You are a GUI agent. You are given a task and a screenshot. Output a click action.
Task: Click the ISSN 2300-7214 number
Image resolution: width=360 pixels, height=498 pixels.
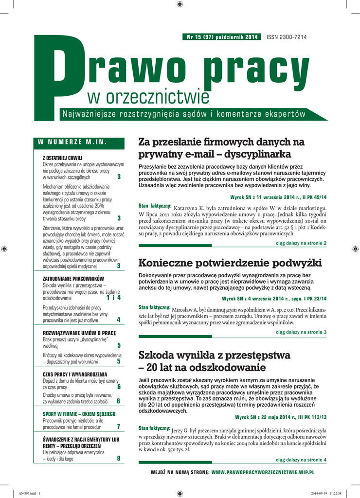coord(287,37)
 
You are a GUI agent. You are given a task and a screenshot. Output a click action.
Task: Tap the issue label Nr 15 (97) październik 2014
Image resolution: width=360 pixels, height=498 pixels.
coord(222,37)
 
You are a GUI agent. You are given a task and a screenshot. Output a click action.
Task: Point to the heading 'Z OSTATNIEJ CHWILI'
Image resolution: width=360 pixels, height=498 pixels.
coord(63,158)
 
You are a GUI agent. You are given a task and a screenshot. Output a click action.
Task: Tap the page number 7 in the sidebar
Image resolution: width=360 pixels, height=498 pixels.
coord(119,427)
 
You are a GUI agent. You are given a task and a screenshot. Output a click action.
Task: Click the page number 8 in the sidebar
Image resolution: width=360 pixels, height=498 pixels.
coord(119,458)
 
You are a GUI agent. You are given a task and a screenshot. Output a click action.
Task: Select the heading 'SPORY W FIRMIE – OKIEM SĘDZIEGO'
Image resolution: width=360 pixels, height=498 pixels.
coord(79,414)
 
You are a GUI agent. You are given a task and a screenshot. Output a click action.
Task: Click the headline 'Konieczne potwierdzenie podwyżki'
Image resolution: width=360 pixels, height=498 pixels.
coord(230,263)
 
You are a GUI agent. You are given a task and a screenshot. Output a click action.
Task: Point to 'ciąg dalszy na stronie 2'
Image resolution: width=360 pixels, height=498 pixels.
coord(301,243)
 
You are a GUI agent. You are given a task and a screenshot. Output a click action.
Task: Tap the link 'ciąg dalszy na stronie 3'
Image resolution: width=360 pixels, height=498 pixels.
coord(301,332)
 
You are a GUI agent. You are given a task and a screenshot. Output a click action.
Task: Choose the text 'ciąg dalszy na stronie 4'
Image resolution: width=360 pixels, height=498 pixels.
coord(301,460)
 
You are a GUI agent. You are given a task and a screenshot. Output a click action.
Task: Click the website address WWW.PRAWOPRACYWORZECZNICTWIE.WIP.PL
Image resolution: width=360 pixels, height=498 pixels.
coord(263,472)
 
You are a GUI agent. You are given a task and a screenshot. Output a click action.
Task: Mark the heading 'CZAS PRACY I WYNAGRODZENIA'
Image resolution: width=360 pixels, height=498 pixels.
coord(74,374)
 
